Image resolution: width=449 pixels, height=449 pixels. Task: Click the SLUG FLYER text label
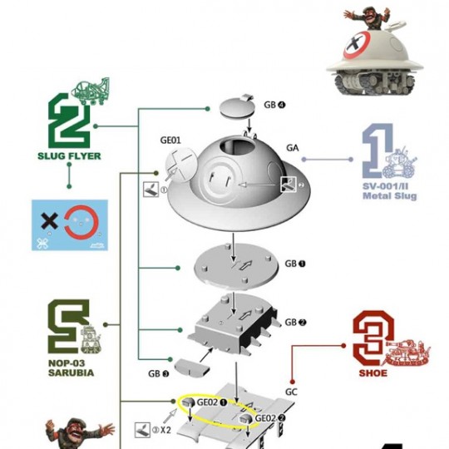click(69, 156)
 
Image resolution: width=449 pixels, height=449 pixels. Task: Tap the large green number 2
click(69, 121)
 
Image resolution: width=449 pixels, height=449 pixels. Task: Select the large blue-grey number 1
click(377, 150)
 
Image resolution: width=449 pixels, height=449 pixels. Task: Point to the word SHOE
click(373, 373)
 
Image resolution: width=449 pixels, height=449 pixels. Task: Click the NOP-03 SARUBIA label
click(71, 368)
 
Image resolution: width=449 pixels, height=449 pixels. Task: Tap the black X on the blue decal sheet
click(49, 221)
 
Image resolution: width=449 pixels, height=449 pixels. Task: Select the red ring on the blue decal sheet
click(81, 221)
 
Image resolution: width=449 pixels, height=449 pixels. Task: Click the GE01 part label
click(170, 140)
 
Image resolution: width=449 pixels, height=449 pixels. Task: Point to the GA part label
click(293, 148)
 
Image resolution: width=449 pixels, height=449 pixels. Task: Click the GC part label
click(291, 392)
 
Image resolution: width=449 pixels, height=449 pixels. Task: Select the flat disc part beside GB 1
click(236, 267)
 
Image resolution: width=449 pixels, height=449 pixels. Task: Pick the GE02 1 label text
click(212, 402)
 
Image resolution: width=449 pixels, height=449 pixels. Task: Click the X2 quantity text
click(165, 430)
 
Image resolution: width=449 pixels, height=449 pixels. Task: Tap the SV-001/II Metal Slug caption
click(389, 191)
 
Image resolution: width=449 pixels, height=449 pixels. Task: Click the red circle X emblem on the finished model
click(357, 45)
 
